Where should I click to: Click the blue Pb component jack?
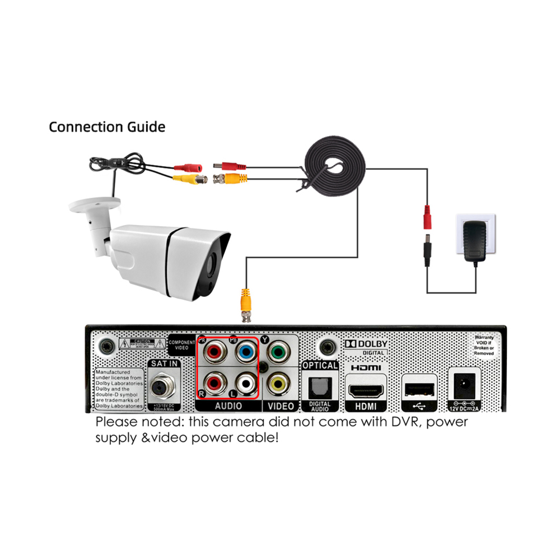(244, 353)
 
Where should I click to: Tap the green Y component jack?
(275, 353)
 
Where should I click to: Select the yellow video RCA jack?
(275, 384)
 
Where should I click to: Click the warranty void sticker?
(484, 346)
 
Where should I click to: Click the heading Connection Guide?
(107, 127)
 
